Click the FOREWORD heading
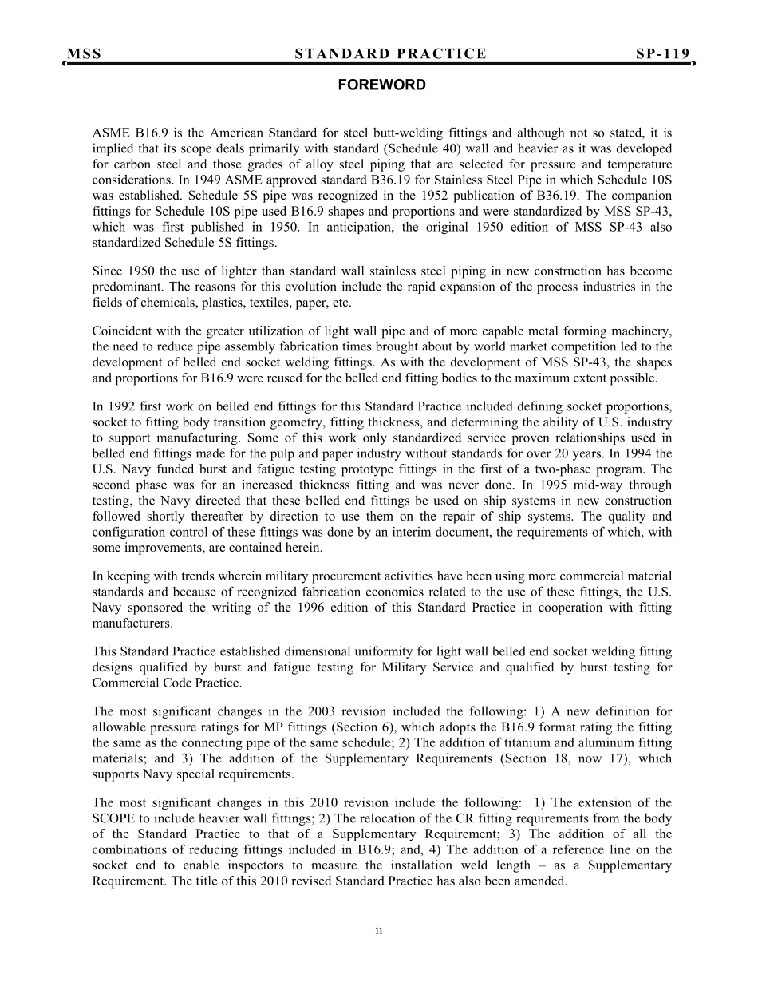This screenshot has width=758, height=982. [x=381, y=85]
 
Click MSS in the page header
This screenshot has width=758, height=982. [x=84, y=54]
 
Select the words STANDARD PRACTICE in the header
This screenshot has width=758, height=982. [x=390, y=54]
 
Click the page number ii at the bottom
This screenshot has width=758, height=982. [x=379, y=929]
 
